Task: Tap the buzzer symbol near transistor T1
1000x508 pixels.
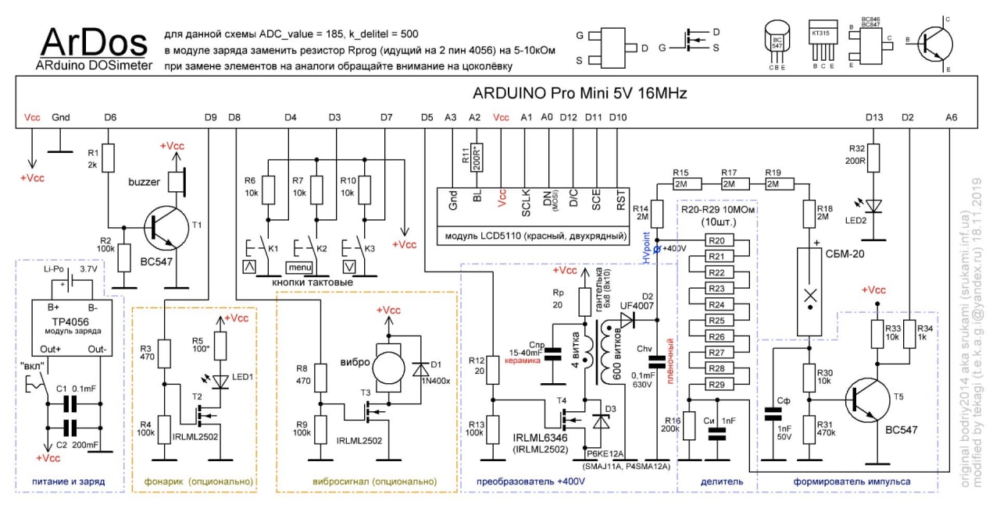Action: click(179, 181)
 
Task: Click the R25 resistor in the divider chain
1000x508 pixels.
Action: click(720, 320)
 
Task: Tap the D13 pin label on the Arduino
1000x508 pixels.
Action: click(874, 117)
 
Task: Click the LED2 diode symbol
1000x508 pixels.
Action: click(875, 205)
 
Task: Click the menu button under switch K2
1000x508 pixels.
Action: click(298, 268)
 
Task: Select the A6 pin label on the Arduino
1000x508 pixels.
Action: click(951, 117)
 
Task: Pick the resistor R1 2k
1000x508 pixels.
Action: click(110, 159)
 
